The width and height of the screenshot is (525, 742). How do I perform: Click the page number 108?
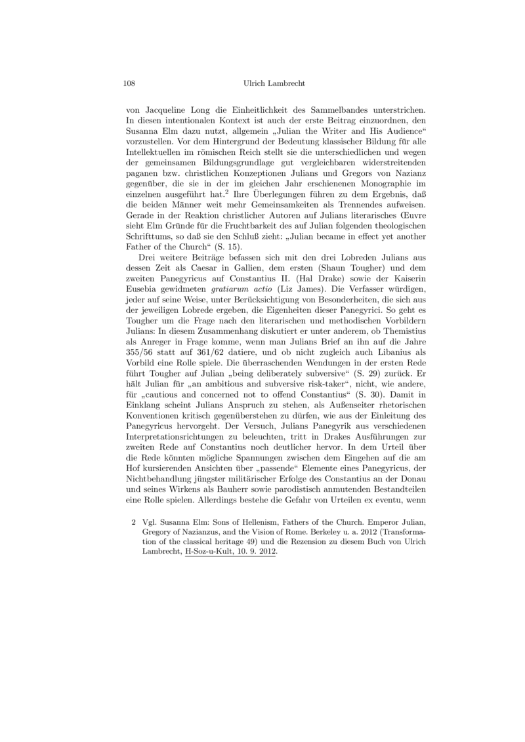[129, 84]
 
